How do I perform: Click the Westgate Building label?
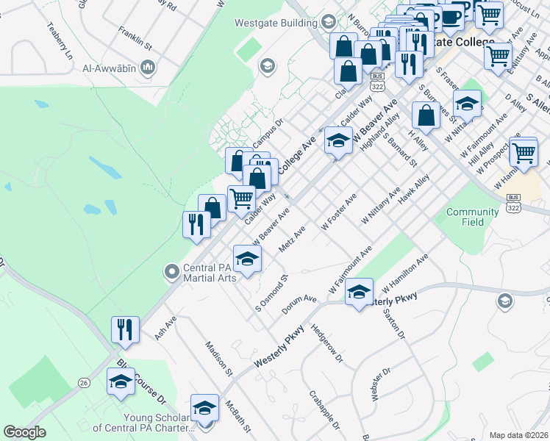click(275, 22)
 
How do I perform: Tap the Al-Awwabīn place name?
click(110, 69)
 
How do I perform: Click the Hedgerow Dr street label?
click(326, 345)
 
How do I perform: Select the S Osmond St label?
click(269, 291)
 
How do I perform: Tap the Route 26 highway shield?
click(84, 383)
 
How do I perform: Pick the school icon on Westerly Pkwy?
click(359, 293)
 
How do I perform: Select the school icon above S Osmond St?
click(248, 259)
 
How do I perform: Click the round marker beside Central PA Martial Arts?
click(172, 273)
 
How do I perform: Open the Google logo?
click(25, 431)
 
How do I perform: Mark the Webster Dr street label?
click(376, 384)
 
